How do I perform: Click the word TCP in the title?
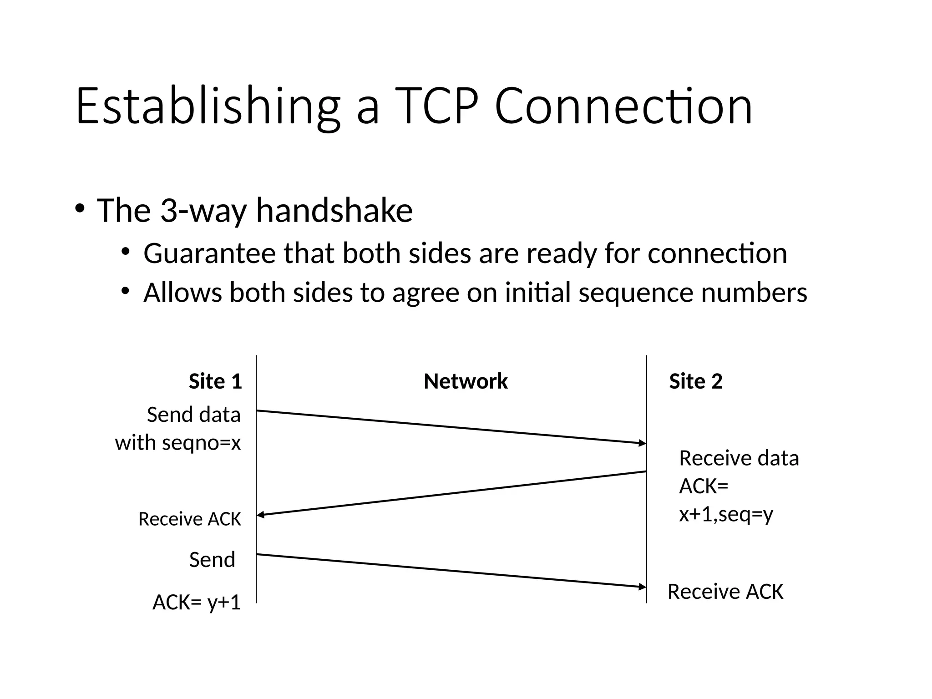(x=436, y=107)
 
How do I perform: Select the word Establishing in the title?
(x=208, y=107)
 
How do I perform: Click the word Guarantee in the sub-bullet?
(x=209, y=253)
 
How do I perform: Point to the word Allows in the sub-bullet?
(x=182, y=293)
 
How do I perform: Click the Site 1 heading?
(x=215, y=381)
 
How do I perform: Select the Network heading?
(x=466, y=381)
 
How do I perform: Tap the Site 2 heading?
(x=695, y=381)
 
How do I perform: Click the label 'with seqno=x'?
(x=177, y=443)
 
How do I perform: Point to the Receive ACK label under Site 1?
(x=189, y=519)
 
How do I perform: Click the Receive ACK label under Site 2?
(x=725, y=592)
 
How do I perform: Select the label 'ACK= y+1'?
(x=196, y=603)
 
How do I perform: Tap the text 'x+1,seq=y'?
(x=726, y=515)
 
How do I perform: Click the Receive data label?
(x=739, y=458)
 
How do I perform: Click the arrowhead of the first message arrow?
(x=643, y=443)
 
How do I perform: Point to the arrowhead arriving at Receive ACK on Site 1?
(x=261, y=515)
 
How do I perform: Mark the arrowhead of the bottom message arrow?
(x=643, y=587)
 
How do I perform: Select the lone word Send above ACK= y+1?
(x=212, y=560)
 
